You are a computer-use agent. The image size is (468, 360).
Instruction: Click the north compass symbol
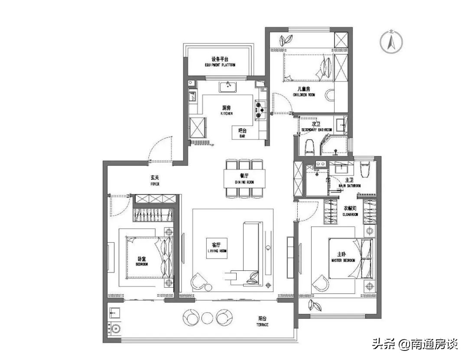click(391, 42)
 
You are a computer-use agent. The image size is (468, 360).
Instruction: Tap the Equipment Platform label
click(220, 62)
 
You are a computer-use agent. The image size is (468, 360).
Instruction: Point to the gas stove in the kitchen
click(260, 110)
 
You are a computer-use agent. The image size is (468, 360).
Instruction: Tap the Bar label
click(242, 133)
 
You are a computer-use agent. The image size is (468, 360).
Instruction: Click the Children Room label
click(304, 91)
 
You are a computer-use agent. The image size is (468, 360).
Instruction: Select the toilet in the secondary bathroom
click(309, 147)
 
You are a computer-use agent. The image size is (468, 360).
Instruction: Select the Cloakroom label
click(350, 211)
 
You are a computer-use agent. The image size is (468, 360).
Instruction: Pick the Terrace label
click(262, 321)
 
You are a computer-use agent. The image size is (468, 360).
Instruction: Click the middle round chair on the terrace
click(207, 318)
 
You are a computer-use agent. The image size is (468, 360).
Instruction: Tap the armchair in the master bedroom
click(321, 282)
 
